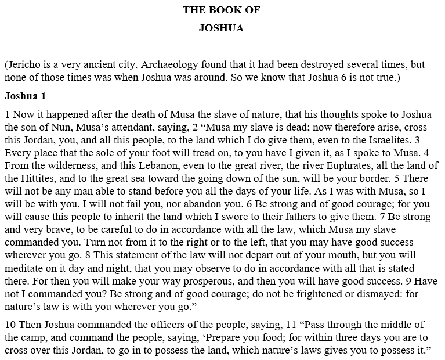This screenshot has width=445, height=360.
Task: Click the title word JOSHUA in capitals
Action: [x=221, y=28]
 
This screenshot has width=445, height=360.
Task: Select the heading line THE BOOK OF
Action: [x=221, y=10]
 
